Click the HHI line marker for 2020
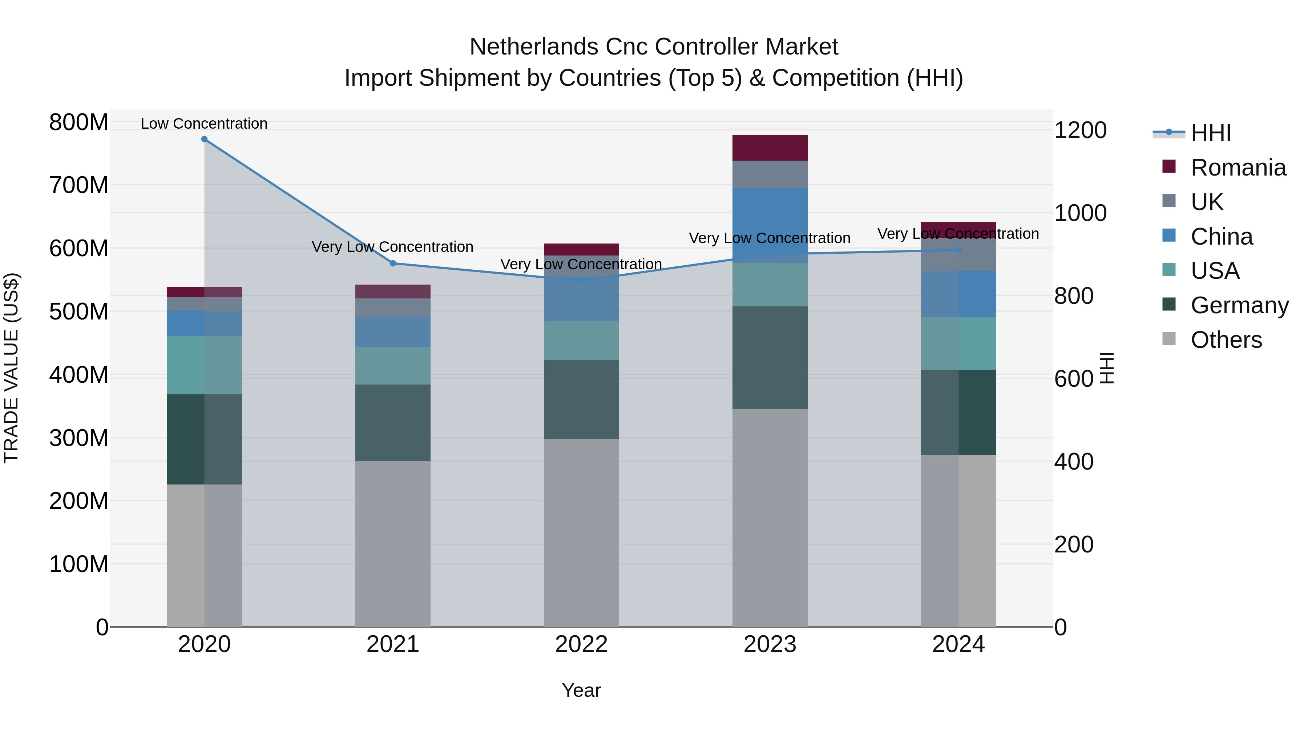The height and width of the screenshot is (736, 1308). point(204,139)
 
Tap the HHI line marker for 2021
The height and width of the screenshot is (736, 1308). point(392,264)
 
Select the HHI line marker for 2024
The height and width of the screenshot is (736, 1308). point(958,250)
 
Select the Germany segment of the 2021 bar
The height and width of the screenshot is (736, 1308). point(392,423)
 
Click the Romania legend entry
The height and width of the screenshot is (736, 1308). point(1238,168)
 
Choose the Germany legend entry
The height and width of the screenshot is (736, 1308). point(1239,305)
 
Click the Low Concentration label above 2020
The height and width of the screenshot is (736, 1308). point(204,124)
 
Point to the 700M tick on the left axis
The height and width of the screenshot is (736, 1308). point(79,185)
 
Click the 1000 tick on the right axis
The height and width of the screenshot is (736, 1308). point(1080,213)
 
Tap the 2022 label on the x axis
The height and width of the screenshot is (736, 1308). point(581,644)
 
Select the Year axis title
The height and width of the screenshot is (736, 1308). point(581,690)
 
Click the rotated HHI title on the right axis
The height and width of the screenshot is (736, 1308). point(1107,368)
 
